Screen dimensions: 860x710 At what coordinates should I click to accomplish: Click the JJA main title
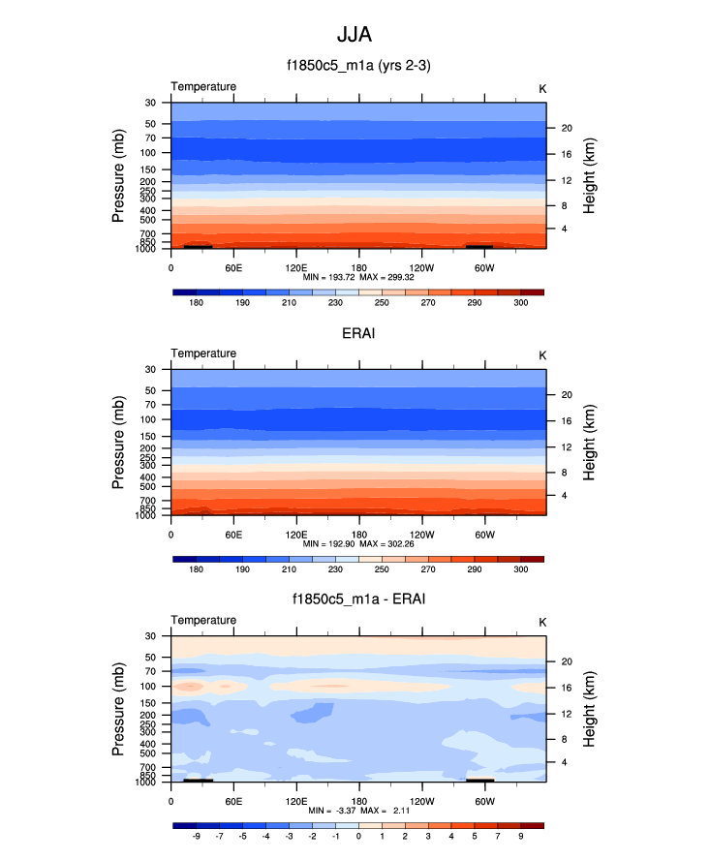354,35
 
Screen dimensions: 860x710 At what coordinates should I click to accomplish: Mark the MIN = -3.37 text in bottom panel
323,812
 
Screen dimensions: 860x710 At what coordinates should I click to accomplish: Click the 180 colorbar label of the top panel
196,303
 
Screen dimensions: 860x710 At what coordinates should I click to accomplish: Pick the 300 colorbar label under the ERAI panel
521,570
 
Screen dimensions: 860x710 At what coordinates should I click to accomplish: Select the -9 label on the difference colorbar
196,836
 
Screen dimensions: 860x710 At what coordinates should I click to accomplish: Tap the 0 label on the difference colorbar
358,836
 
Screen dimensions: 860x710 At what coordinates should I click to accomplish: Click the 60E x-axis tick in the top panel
233,266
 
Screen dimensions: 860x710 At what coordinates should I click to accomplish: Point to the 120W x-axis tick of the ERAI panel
421,534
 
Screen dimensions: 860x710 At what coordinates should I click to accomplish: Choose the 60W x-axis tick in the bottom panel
484,801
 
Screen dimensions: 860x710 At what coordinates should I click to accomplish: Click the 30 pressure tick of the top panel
151,103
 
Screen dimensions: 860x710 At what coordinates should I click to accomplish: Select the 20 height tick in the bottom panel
567,661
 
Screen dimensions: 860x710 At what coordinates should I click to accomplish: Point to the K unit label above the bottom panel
542,622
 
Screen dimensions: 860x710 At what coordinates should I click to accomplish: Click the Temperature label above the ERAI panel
203,353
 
